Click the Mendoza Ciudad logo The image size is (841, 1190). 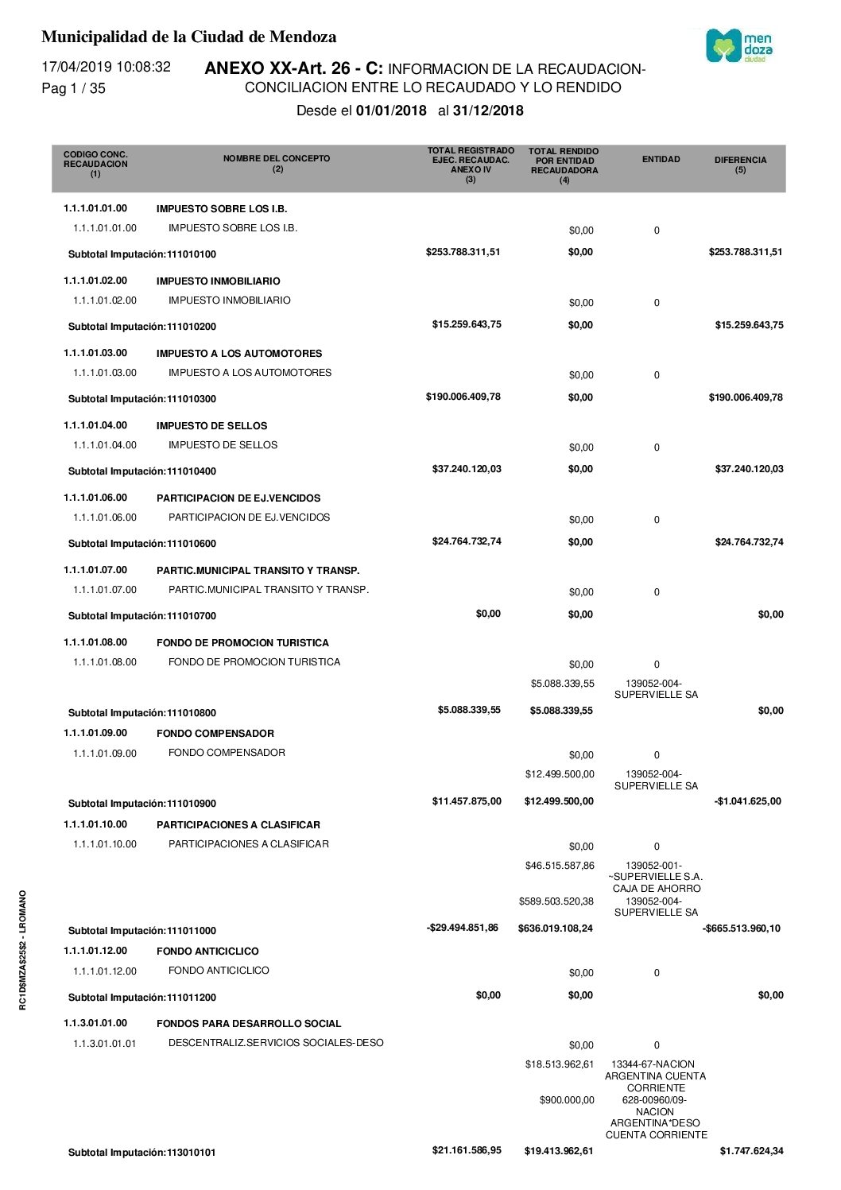[738, 46]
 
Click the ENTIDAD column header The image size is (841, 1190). [661, 160]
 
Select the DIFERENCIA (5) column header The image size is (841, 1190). [740, 165]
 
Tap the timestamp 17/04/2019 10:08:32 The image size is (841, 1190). [106, 67]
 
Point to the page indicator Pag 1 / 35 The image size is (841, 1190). [73, 88]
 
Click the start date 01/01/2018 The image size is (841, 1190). [391, 110]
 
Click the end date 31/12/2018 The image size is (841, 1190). [488, 110]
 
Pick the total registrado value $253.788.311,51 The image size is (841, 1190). [463, 252]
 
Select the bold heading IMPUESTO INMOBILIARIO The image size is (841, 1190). [218, 281]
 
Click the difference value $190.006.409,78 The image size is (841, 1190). [746, 397]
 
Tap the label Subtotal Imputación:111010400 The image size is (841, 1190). [142, 471]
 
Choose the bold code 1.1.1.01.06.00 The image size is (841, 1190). [95, 498]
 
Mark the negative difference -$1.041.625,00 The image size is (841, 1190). [747, 801]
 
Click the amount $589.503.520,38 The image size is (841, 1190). [556, 901]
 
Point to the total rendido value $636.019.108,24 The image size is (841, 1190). [555, 928]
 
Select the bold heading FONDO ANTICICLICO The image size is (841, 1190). [207, 952]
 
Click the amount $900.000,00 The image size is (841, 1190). [567, 1100]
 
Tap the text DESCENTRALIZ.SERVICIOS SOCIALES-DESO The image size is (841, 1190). [276, 1043]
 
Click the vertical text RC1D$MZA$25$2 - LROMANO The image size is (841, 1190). [23, 950]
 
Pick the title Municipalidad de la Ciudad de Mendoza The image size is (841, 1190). [188, 37]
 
